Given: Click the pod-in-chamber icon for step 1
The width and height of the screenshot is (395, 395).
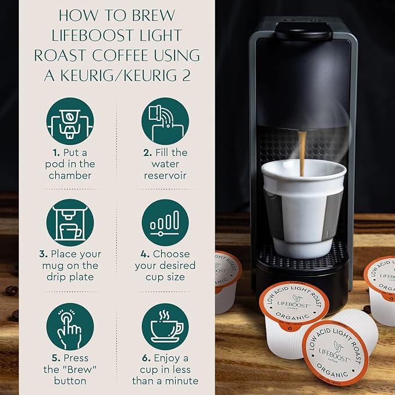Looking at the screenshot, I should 70,121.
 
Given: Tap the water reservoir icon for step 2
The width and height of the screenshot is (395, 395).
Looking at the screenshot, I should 165,121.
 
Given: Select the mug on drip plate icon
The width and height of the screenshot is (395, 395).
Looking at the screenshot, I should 70,223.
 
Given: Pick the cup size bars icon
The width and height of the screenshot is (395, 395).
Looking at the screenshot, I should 165,223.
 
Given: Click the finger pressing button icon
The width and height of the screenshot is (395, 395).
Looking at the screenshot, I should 70,326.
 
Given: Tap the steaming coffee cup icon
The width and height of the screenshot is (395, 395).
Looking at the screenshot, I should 165,326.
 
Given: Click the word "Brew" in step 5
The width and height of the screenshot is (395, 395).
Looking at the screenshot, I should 73,369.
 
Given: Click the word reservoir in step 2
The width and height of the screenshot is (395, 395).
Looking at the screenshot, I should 165,175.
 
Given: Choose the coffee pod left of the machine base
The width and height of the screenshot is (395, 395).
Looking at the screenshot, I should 227,279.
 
